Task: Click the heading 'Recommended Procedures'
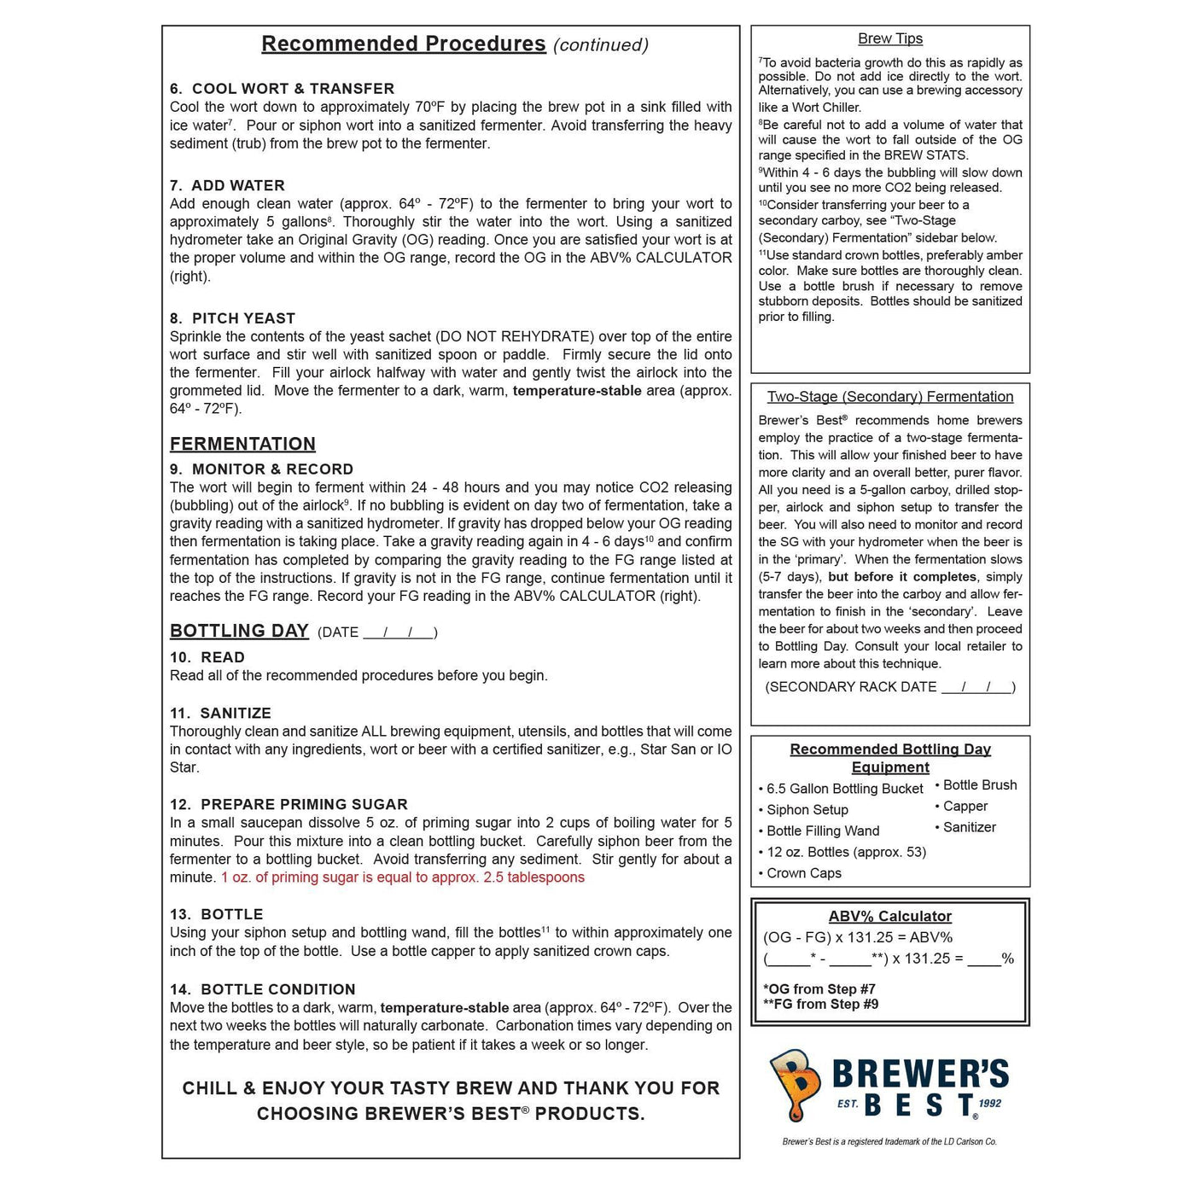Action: click(403, 44)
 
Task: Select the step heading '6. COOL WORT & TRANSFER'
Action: click(282, 89)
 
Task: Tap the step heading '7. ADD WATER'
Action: click(227, 185)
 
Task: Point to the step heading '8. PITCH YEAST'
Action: click(232, 318)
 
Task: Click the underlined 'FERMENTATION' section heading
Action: click(242, 444)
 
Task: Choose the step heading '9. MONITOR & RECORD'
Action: click(261, 469)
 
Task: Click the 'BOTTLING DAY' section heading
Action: click(239, 631)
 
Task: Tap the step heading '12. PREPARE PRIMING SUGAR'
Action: click(289, 804)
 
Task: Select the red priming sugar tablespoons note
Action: click(403, 877)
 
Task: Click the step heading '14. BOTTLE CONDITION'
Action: click(262, 989)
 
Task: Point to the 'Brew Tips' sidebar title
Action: click(890, 38)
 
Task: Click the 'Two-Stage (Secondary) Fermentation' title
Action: click(890, 397)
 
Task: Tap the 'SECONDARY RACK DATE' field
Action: click(890, 687)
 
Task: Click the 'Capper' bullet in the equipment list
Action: click(965, 807)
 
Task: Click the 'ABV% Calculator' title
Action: click(890, 916)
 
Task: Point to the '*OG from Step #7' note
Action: click(819, 989)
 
